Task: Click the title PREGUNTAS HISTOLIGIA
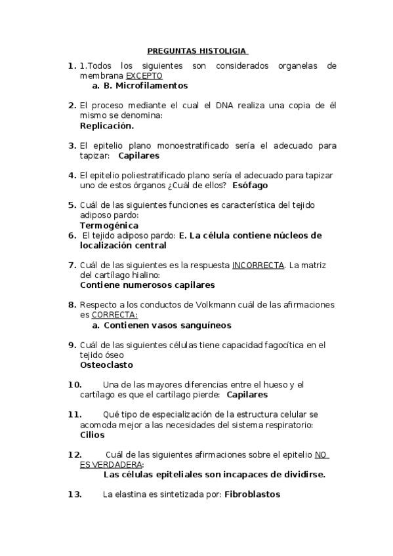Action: click(196, 50)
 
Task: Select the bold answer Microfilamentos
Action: click(152, 86)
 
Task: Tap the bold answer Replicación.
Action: click(106, 125)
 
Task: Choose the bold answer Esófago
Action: click(250, 186)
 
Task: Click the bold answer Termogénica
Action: click(109, 226)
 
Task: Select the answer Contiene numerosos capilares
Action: click(147, 285)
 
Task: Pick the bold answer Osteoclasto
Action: click(106, 365)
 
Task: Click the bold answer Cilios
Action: click(92, 435)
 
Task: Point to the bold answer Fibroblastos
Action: click(252, 494)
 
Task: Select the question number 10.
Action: click(75, 384)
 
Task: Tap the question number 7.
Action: click(72, 266)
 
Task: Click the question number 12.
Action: click(75, 454)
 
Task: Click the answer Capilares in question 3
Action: click(138, 156)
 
